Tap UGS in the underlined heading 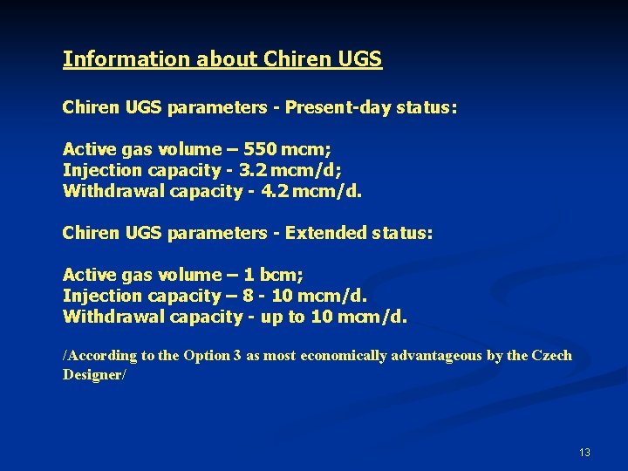pyautogui.click(x=358, y=59)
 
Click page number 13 pyautogui.click(x=584, y=453)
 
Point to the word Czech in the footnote pyautogui.click(x=551, y=355)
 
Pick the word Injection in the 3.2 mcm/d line pyautogui.click(x=97, y=169)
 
